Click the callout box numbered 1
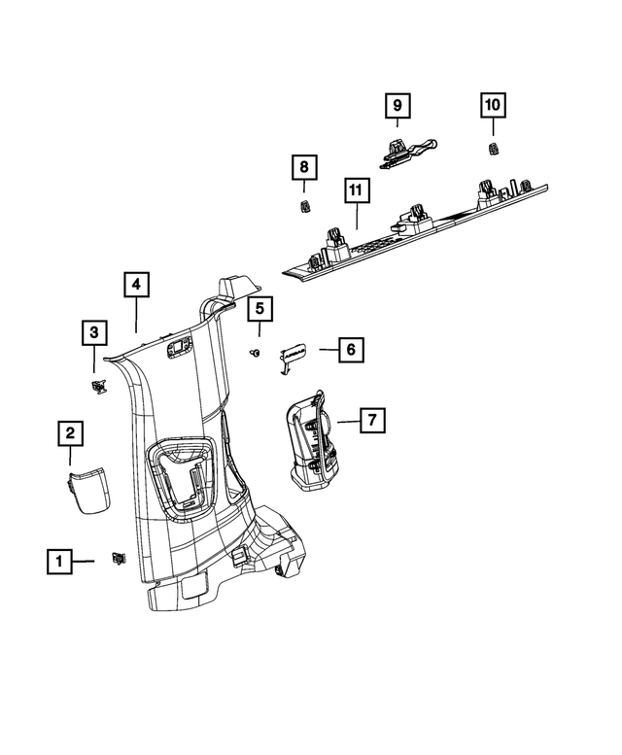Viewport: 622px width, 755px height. pos(59,561)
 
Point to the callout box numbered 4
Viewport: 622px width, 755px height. pos(136,285)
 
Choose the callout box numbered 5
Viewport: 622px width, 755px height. pos(259,310)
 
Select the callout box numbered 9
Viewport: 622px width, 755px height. pos(397,104)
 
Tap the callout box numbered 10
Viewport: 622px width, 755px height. pos(492,104)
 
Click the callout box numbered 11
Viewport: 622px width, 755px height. pos(356,190)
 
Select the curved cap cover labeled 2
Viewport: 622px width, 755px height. pos(88,488)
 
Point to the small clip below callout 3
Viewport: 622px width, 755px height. pos(98,387)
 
